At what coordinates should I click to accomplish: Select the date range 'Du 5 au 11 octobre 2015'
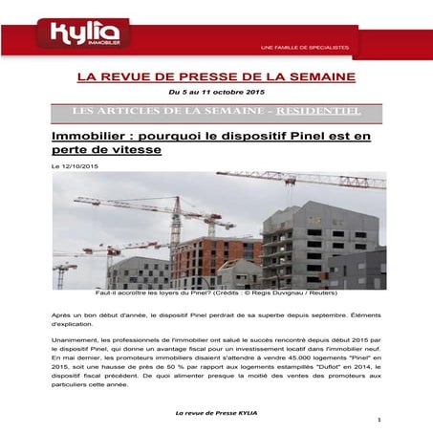point(215,91)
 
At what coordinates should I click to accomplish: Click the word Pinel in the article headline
point(292,137)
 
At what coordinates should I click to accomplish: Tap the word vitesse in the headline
point(134,151)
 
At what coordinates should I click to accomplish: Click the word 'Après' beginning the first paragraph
point(62,314)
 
